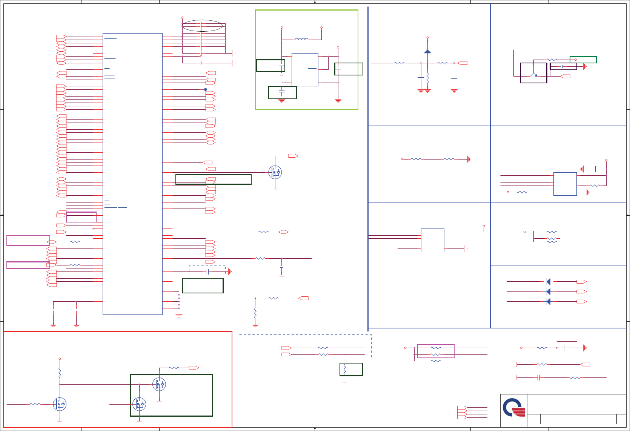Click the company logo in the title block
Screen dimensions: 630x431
pos(514,408)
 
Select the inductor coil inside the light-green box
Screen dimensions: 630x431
pos(301,38)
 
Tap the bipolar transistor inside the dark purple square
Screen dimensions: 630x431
pos(533,74)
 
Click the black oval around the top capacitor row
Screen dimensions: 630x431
pos(202,25)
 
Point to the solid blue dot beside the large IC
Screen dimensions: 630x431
pos(206,89)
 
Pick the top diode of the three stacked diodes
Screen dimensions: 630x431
pos(549,282)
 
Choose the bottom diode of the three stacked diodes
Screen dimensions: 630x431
pos(549,301)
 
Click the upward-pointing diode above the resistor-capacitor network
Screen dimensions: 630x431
pos(427,51)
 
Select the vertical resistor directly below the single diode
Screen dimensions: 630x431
pos(427,78)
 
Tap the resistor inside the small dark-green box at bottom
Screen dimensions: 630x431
pos(345,370)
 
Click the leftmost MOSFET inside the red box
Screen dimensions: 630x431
pos(60,404)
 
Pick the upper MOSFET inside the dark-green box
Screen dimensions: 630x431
pos(159,384)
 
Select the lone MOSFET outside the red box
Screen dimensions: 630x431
pos(275,172)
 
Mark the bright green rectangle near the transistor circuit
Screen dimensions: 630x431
pos(583,60)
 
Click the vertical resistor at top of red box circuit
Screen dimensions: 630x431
pos(60,373)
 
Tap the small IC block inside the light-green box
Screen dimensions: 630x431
pos(305,69)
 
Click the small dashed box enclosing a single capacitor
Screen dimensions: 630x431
pos(207,270)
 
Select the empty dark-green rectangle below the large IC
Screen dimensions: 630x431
pos(203,285)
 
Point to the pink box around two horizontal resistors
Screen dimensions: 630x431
pos(436,351)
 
